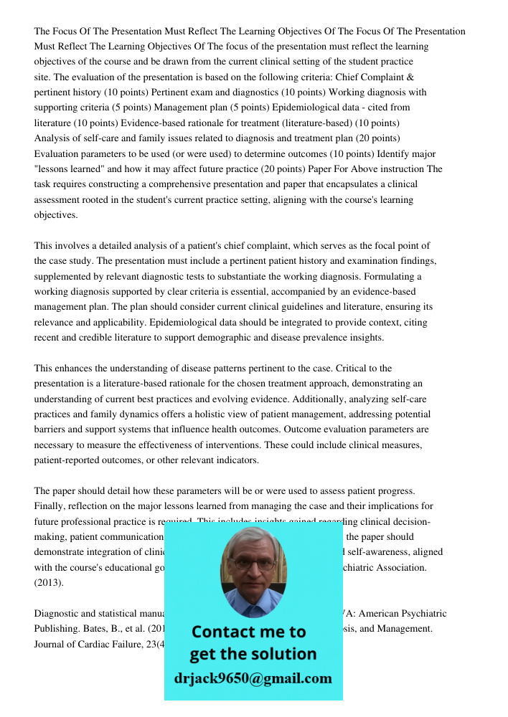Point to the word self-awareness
tap(408, 552)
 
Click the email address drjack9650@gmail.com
tap(253, 678)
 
